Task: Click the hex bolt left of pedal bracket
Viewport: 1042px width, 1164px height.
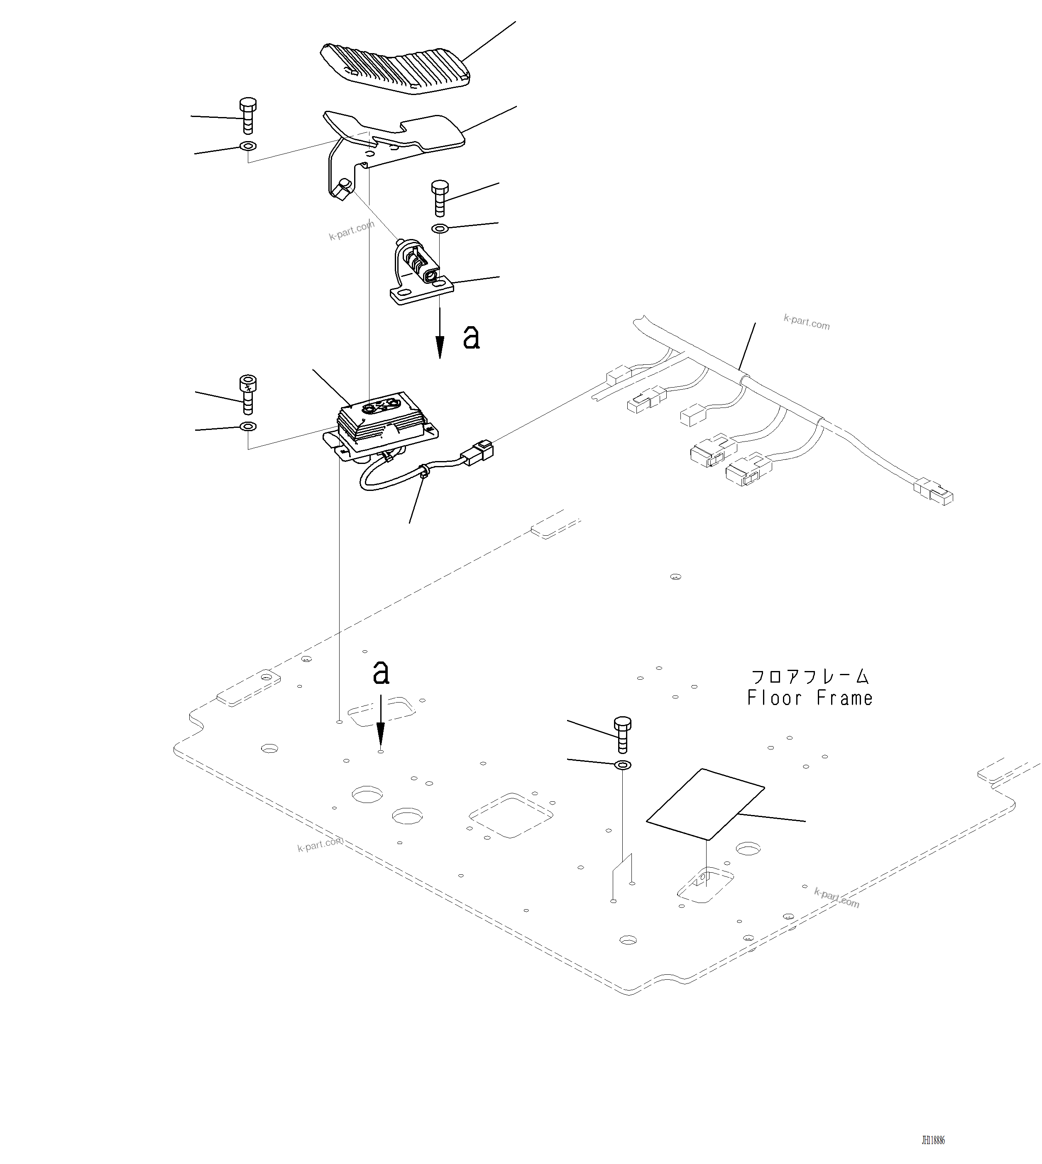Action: [247, 116]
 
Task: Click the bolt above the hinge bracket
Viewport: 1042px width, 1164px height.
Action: [439, 198]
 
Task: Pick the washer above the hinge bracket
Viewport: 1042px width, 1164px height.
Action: [439, 229]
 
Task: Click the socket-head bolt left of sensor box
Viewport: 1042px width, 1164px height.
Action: [248, 394]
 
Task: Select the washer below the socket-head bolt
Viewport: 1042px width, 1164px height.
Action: [248, 426]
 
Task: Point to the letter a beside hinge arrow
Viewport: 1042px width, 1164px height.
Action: [471, 338]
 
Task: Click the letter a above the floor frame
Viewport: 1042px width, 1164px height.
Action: [381, 672]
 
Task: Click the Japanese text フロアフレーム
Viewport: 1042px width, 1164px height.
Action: [810, 677]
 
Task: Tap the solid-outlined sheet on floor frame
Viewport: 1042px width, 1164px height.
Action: [705, 804]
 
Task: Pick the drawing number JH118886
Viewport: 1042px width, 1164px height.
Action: [933, 1140]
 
